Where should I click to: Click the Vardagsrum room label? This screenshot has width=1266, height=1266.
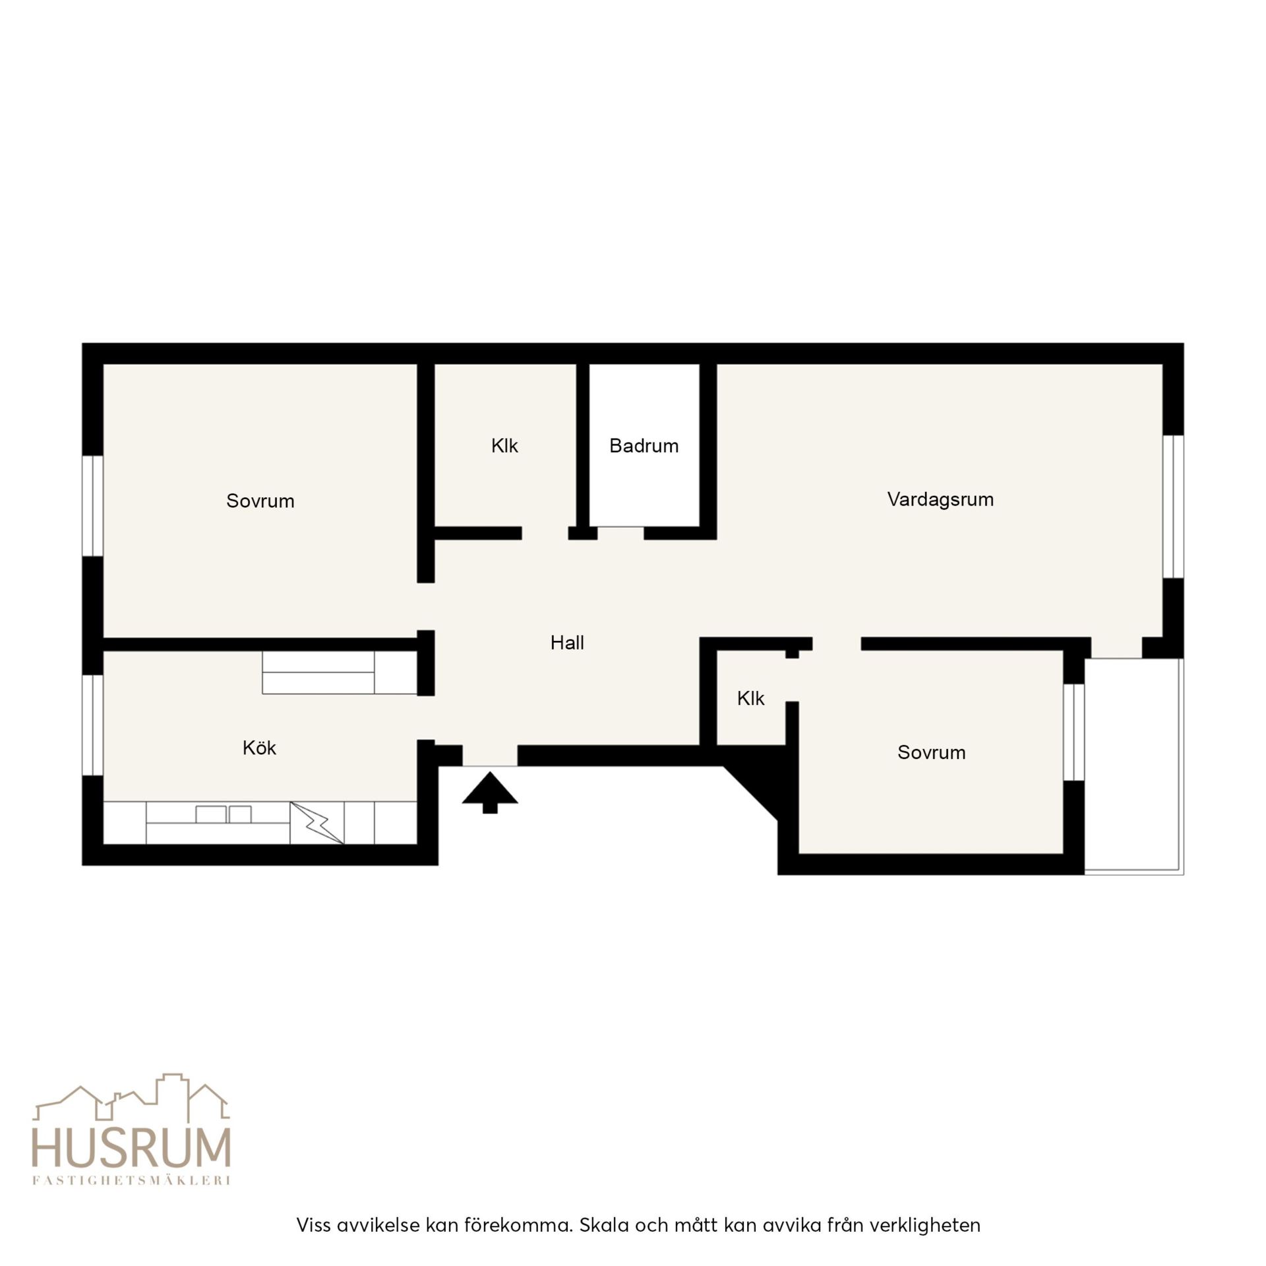(x=940, y=499)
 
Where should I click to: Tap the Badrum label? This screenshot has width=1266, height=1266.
(x=644, y=446)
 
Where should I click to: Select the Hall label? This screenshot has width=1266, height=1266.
(x=567, y=643)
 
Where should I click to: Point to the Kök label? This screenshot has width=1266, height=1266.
(x=259, y=748)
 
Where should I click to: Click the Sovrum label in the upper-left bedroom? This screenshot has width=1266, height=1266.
(x=260, y=501)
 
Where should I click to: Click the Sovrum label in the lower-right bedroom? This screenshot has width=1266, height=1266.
(x=931, y=752)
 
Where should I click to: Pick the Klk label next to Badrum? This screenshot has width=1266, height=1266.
(x=504, y=446)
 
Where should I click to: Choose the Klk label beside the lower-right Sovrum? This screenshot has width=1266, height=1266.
(x=750, y=698)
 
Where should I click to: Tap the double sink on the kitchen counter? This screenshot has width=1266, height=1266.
(x=224, y=814)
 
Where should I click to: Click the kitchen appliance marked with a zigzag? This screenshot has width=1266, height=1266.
(x=317, y=822)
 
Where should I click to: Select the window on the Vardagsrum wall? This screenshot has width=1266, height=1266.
(x=1173, y=506)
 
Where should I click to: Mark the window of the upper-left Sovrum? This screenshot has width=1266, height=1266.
(x=93, y=506)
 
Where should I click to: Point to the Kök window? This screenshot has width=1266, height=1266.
(x=93, y=725)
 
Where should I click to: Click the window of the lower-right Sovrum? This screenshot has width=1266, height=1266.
(x=1074, y=732)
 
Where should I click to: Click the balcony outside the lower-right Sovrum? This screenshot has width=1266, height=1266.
(x=1134, y=766)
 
